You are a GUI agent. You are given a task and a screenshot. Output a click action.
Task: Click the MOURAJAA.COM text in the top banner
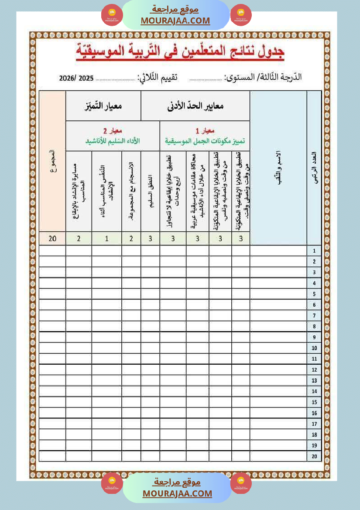175,21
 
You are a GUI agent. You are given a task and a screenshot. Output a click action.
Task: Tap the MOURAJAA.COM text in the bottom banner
177,493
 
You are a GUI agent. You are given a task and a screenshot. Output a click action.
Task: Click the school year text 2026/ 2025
76,79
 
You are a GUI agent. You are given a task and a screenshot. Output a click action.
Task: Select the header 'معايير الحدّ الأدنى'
196,106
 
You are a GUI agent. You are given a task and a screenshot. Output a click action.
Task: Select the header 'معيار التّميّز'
103,106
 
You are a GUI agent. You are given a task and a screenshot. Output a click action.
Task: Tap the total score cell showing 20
53,238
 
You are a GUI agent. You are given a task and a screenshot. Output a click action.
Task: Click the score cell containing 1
107,238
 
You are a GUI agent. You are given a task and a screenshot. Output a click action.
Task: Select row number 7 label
314,315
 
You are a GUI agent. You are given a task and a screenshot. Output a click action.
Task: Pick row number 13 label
314,380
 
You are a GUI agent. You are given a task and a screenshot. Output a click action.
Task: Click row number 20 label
314,456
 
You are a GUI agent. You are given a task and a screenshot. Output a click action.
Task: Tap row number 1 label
314,251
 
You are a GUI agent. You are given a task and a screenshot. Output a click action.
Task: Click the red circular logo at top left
112,15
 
